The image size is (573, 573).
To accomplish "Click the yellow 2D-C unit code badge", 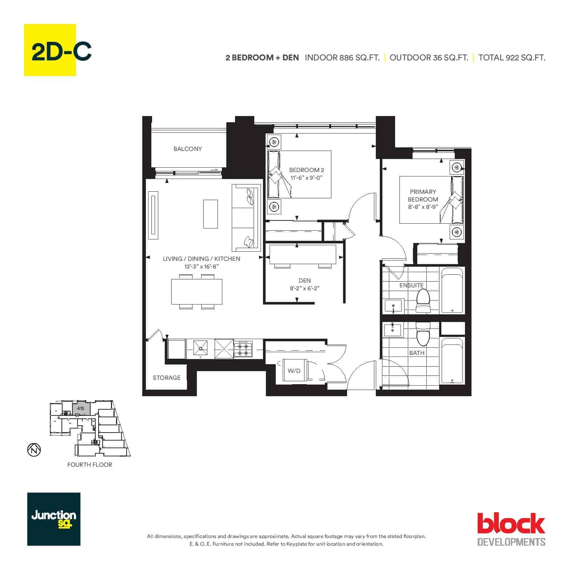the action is (x=50, y=50).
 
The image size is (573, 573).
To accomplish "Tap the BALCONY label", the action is (x=187, y=149).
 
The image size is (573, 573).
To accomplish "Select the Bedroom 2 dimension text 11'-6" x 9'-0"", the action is (x=306, y=178).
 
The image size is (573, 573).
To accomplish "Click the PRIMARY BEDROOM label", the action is (x=423, y=195).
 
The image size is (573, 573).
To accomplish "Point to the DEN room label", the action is (x=305, y=280).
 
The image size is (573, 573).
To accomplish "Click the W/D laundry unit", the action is (x=294, y=371).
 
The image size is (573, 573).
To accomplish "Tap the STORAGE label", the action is (x=167, y=378).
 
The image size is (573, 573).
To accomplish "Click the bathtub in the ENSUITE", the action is (x=452, y=290).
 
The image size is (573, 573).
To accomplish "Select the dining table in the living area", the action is (x=197, y=291).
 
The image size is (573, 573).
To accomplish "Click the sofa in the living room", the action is (x=246, y=218).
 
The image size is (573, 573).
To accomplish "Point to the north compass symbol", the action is (x=34, y=450).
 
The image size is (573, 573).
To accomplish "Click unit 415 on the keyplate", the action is (x=81, y=409).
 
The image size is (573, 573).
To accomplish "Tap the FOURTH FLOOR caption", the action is (x=89, y=465).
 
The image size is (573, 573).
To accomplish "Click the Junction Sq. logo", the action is (x=54, y=519).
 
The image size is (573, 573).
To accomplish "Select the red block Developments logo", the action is (x=511, y=529).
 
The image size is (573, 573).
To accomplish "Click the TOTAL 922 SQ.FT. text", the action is (x=512, y=57).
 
